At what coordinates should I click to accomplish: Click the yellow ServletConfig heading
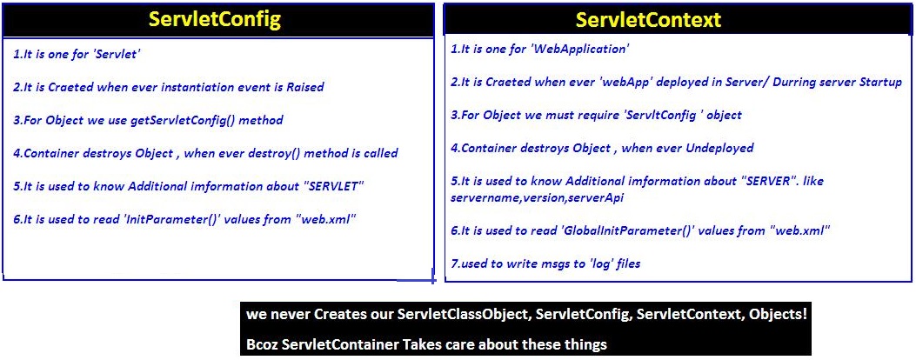(215, 19)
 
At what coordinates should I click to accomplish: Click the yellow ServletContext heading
(648, 20)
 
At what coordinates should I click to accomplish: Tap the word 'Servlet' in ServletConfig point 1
(120, 55)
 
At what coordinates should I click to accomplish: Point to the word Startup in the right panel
(881, 83)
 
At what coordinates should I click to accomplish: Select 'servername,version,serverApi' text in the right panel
(537, 197)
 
